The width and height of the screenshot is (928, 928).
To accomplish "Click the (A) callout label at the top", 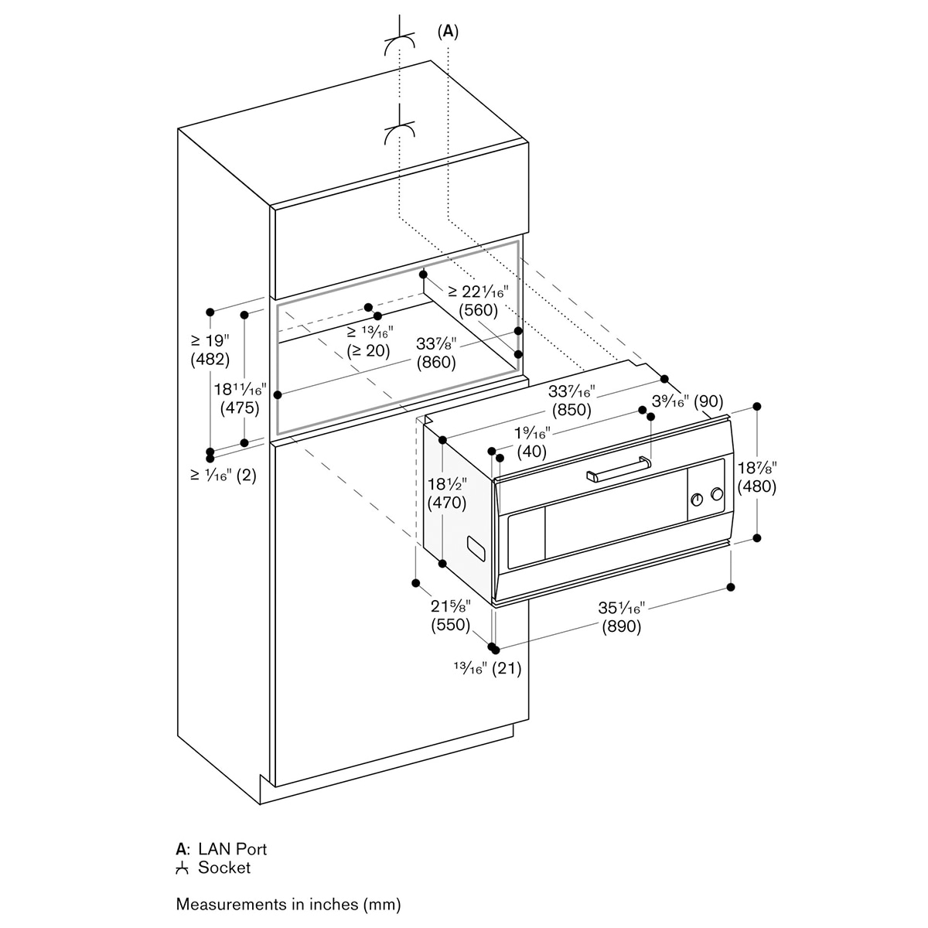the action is coord(448,32).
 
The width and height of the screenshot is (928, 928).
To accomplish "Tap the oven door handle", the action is coord(619,468).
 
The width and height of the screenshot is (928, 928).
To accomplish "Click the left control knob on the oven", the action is coord(697,500).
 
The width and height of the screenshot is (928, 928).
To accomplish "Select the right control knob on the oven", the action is coord(717,493).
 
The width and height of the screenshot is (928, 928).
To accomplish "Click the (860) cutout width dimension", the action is coord(436,362).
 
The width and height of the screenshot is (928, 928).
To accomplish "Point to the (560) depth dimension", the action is coord(478,309).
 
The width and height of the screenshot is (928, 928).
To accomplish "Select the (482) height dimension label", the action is coord(210,360).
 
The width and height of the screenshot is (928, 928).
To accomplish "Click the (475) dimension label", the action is coord(240,408).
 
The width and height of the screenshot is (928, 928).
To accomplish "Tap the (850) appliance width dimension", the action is coord(571,410).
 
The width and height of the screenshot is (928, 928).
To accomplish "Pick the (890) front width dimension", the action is coord(622,626).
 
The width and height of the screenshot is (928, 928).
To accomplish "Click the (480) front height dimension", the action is coord(757,486).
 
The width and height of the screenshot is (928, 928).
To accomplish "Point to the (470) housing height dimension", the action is coord(447,503).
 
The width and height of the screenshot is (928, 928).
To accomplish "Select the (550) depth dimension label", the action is coord(450,625).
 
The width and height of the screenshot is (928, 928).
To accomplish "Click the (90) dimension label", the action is coord(708,401).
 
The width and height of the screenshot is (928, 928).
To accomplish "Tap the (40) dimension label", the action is coord(531,451).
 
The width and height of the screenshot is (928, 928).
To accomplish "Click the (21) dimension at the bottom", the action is coord(507,668).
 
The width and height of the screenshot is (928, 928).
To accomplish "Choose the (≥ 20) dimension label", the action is coord(368,350).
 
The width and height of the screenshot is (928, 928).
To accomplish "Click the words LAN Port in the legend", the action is coord(239,848).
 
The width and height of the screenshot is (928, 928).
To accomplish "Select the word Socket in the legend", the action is coord(224,868).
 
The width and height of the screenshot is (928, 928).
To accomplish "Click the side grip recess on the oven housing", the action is coord(477,550).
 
